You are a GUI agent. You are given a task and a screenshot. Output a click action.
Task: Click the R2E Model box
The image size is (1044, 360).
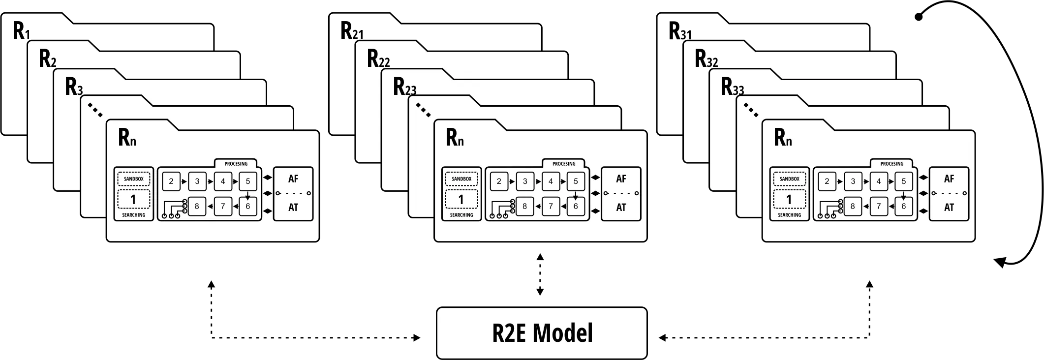click(542, 333)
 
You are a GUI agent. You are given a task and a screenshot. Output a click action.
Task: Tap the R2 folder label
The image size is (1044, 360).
click(47, 60)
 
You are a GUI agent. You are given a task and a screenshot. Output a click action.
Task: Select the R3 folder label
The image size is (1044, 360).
click(74, 88)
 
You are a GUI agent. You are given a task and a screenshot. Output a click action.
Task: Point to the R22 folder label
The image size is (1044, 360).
click(378, 60)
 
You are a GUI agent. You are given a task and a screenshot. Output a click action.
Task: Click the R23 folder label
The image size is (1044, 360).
click(404, 88)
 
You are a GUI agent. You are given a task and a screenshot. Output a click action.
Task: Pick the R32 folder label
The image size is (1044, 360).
click(706, 60)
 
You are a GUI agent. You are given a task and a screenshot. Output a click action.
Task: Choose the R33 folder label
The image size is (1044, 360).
click(732, 88)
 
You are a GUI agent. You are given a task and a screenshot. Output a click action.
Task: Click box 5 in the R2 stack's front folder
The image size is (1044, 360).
click(248, 181)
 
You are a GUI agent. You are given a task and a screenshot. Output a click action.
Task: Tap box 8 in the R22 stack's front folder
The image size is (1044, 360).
click(524, 206)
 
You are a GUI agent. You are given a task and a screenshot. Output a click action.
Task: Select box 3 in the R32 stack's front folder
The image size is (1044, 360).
click(853, 181)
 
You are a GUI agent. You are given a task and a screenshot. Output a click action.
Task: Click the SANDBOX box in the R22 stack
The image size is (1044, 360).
click(461, 179)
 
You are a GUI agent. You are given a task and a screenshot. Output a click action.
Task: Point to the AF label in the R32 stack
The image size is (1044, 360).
click(949, 179)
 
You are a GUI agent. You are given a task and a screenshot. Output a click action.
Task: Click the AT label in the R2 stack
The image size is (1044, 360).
click(293, 208)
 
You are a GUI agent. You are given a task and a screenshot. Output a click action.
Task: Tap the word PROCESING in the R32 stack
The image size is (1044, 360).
click(891, 164)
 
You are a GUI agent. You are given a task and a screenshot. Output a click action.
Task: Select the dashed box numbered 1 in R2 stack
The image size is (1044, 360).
click(133, 200)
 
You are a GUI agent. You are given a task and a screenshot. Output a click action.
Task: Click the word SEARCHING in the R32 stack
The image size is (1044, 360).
click(789, 215)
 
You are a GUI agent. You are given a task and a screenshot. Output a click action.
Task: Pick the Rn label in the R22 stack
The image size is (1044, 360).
click(455, 139)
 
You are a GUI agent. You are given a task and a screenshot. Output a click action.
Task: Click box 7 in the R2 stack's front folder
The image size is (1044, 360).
click(223, 206)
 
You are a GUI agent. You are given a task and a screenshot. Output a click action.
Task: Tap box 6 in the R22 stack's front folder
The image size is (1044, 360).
click(576, 206)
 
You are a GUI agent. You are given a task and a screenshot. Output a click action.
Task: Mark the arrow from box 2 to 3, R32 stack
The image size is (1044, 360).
click(840, 181)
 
